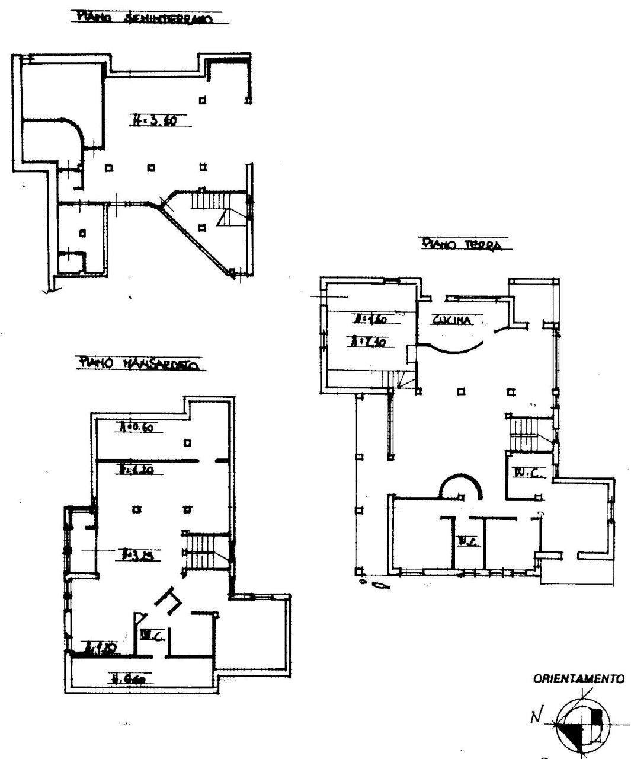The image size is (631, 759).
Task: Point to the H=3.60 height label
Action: [154, 122]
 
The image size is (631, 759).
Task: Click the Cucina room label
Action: [451, 320]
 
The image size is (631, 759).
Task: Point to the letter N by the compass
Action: [536, 719]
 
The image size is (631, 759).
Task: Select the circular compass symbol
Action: [580, 725]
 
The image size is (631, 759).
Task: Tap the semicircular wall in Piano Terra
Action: [460, 484]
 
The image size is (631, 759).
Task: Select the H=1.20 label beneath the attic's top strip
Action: [137, 469]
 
